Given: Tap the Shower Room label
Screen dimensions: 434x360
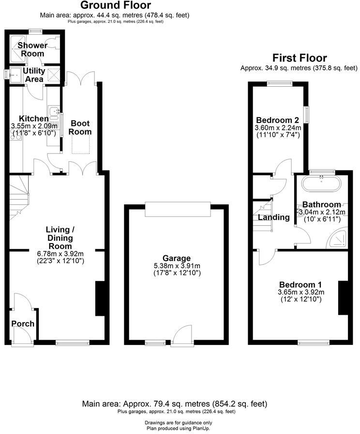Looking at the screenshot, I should [x=33, y=49].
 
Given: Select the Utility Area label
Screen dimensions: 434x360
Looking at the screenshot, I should [x=34, y=75].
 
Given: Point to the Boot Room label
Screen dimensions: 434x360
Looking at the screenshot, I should [x=80, y=127].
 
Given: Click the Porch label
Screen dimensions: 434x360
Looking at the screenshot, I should [x=23, y=324].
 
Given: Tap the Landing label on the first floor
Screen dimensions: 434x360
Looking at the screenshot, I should [x=273, y=217].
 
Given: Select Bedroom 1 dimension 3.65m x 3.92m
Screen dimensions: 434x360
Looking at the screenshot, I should [x=300, y=293].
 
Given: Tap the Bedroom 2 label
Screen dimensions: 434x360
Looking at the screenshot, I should [x=278, y=120].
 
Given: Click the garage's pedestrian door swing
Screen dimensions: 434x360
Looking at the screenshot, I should [x=183, y=334].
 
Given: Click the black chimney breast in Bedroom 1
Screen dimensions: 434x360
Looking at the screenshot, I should [x=343, y=298].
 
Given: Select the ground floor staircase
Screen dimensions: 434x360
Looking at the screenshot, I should [x=19, y=196].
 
